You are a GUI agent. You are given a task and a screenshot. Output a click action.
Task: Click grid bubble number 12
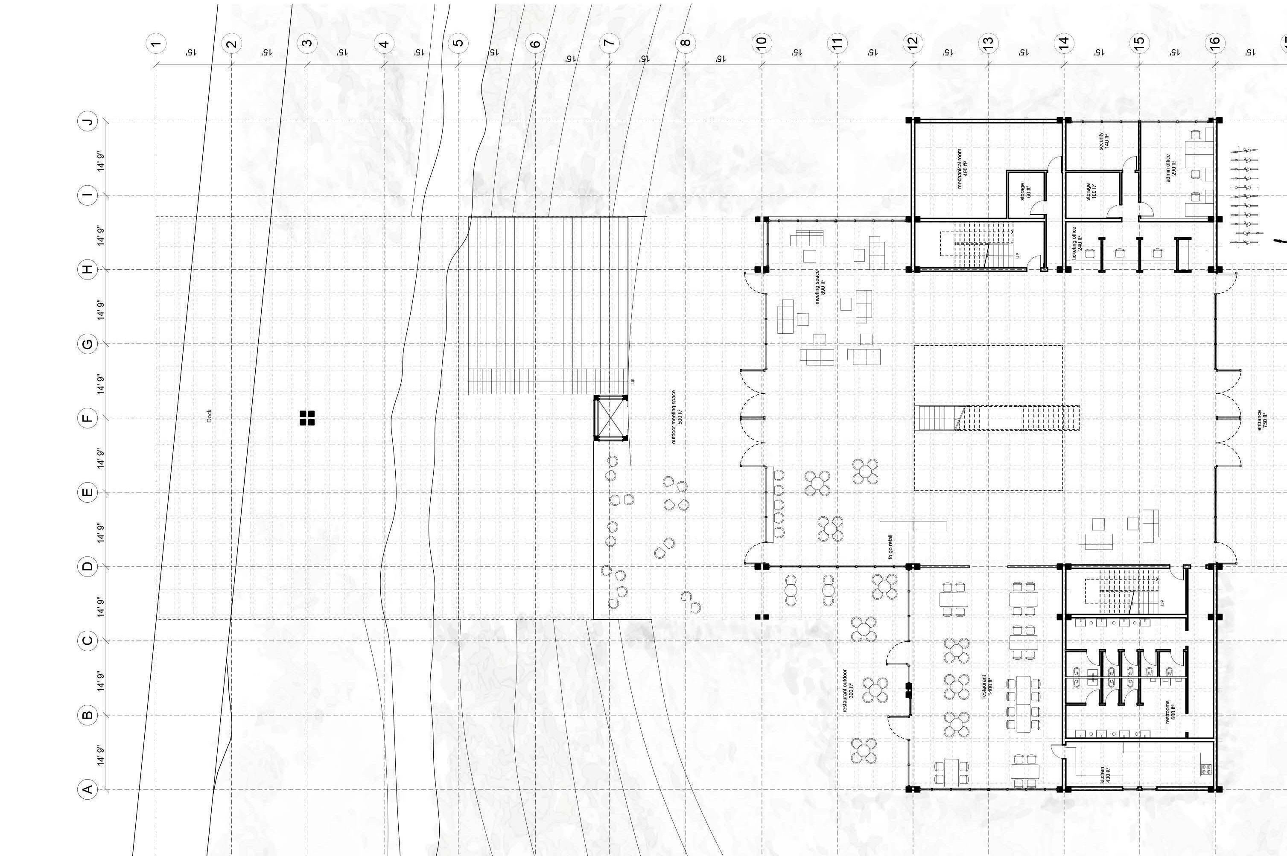[x=912, y=42]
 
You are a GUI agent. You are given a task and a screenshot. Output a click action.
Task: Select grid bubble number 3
[x=307, y=43]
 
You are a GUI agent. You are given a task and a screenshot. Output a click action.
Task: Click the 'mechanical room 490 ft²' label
[x=962, y=168]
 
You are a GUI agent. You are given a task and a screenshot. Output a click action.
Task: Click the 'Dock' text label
[x=209, y=416]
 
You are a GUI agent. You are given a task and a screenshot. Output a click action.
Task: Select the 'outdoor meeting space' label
[x=677, y=416]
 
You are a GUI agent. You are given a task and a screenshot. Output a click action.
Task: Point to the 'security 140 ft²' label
[x=1103, y=141]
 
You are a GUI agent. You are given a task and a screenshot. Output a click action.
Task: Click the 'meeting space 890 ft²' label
[x=820, y=287]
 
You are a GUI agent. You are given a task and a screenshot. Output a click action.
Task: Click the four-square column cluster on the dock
[x=307, y=418]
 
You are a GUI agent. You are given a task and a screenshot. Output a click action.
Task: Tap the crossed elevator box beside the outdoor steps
[x=610, y=418]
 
